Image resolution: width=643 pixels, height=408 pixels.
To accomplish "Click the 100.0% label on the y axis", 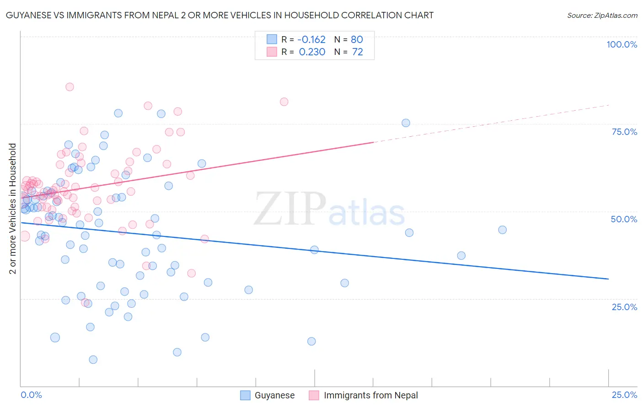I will [x=622, y=44].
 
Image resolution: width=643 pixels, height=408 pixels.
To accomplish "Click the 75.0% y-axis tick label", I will [x=624, y=132].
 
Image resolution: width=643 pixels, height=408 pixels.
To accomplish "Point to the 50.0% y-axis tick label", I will [x=624, y=219].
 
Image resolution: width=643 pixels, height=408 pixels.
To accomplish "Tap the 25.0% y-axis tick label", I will [x=624, y=306].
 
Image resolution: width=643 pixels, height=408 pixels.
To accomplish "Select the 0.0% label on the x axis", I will [x=31, y=395].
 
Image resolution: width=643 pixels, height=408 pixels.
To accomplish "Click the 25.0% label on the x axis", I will [x=624, y=395].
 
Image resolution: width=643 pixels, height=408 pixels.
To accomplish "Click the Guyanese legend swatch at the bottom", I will [x=246, y=395].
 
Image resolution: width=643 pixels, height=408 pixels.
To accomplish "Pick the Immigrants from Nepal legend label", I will [x=370, y=395].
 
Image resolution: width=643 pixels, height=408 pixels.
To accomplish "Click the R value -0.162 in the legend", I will [x=312, y=39].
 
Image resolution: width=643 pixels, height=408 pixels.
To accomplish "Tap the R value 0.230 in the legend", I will [x=312, y=52].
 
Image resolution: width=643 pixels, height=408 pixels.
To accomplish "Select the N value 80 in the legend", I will [x=357, y=39].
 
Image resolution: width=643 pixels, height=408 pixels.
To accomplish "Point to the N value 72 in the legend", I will [x=357, y=52].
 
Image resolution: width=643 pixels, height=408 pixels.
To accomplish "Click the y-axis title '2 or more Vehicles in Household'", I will [x=12, y=209].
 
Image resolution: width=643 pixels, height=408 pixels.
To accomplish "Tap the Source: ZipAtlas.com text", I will [x=602, y=15].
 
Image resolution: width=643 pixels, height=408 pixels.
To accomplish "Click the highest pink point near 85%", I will [x=70, y=87].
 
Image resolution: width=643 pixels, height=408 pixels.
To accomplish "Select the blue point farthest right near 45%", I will [x=502, y=230].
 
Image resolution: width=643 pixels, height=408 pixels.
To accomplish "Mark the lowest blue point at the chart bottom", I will [x=93, y=360].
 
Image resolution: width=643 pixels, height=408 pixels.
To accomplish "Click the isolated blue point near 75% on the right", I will [x=406, y=123].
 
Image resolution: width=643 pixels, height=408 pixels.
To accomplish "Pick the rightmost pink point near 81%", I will [x=284, y=102].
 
